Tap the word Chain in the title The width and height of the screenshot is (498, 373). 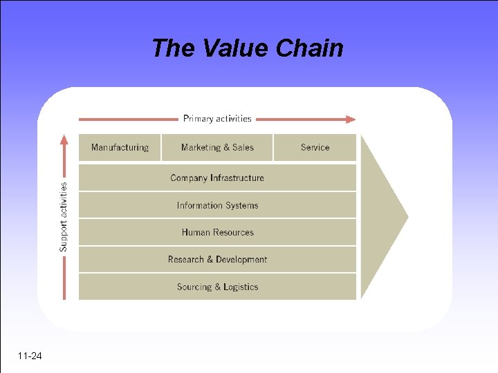[309, 48]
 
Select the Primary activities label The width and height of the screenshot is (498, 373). [217, 119]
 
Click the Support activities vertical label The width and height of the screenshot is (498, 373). [64, 216]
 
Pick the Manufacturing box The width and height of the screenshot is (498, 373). [120, 147]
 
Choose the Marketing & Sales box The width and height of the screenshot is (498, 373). [217, 147]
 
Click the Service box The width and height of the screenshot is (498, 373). [315, 147]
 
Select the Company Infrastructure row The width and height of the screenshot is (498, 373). [217, 178]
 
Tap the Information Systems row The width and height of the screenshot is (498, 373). [217, 205]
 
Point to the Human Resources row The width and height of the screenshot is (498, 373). [217, 232]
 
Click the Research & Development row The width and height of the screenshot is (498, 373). [217, 260]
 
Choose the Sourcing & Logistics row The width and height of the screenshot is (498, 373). [217, 287]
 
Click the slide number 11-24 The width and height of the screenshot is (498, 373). [30, 356]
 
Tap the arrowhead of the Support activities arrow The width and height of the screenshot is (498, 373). [64, 140]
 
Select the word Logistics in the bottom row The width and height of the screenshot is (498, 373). [241, 287]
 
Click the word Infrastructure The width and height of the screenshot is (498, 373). [237, 178]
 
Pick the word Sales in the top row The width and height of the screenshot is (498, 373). [242, 147]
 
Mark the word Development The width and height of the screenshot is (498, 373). [241, 260]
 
